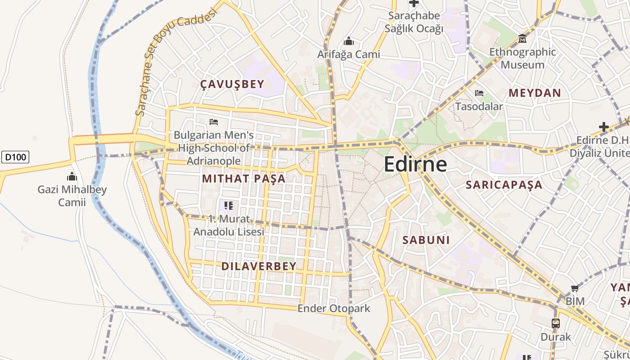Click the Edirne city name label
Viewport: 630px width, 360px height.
click(x=415, y=164)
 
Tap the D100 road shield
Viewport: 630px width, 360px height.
click(x=16, y=157)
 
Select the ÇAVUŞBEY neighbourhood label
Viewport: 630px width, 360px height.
click(x=232, y=84)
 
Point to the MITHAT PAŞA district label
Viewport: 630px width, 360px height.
click(x=243, y=179)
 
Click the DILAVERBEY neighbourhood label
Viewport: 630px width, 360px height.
click(x=259, y=266)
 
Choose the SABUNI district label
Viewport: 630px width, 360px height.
click(x=426, y=240)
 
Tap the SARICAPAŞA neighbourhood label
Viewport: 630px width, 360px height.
click(x=504, y=185)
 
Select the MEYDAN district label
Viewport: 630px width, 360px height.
click(x=535, y=93)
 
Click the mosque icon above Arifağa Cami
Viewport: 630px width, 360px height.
click(x=348, y=42)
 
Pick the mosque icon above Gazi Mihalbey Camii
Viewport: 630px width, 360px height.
click(x=72, y=176)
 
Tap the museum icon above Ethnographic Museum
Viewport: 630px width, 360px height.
click(x=522, y=39)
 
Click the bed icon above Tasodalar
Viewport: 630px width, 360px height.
click(x=479, y=94)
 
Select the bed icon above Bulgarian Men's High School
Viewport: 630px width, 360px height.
click(x=214, y=122)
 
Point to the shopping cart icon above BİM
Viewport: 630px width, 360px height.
click(x=575, y=288)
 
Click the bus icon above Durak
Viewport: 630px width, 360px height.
click(x=556, y=323)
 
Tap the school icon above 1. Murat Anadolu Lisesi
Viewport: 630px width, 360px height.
click(x=228, y=206)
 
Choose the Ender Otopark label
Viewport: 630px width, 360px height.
click(x=333, y=309)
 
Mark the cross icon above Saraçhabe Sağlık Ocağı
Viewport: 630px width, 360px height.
click(x=414, y=4)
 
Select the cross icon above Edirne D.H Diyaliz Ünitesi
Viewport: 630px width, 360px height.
click(x=604, y=127)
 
